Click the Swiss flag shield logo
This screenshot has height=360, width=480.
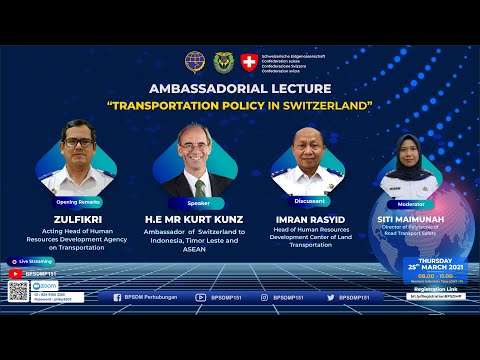click(249, 61)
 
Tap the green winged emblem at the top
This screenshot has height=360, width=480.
click(222, 62)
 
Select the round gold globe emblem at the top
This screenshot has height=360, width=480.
click(194, 62)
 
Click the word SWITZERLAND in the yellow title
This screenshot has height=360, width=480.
click(319, 104)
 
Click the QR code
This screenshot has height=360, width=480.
click(18, 291)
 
